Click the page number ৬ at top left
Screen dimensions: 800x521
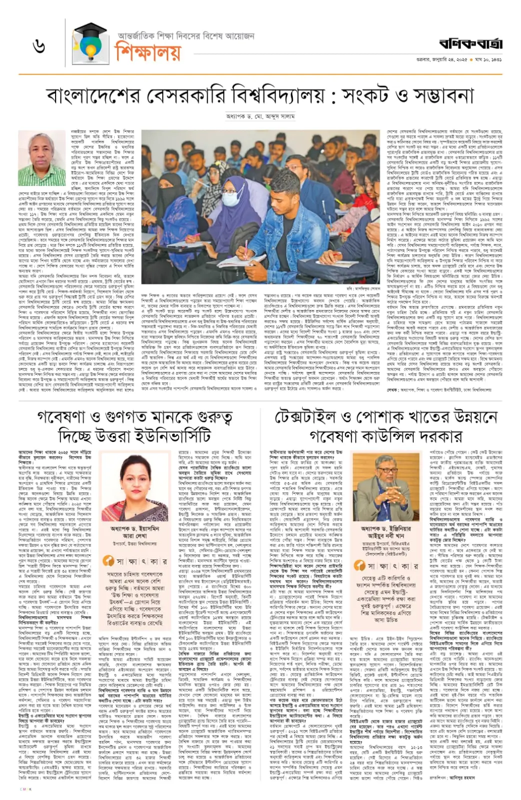click(x=40, y=46)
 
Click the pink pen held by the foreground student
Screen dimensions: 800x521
click(x=246, y=248)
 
